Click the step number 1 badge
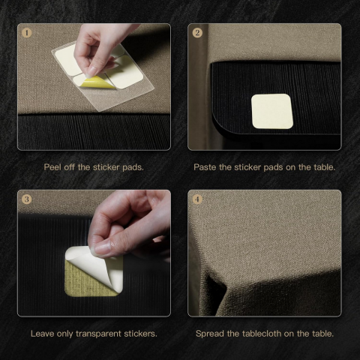coord(27,33)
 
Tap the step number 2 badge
coord(197,33)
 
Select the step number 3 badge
coord(27,199)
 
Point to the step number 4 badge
coord(197,199)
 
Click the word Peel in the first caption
coord(52,167)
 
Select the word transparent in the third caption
coord(98,334)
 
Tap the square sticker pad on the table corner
coord(272,112)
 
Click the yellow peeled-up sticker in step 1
coord(98,82)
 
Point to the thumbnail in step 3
coord(101,249)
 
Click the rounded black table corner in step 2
coord(220,125)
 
